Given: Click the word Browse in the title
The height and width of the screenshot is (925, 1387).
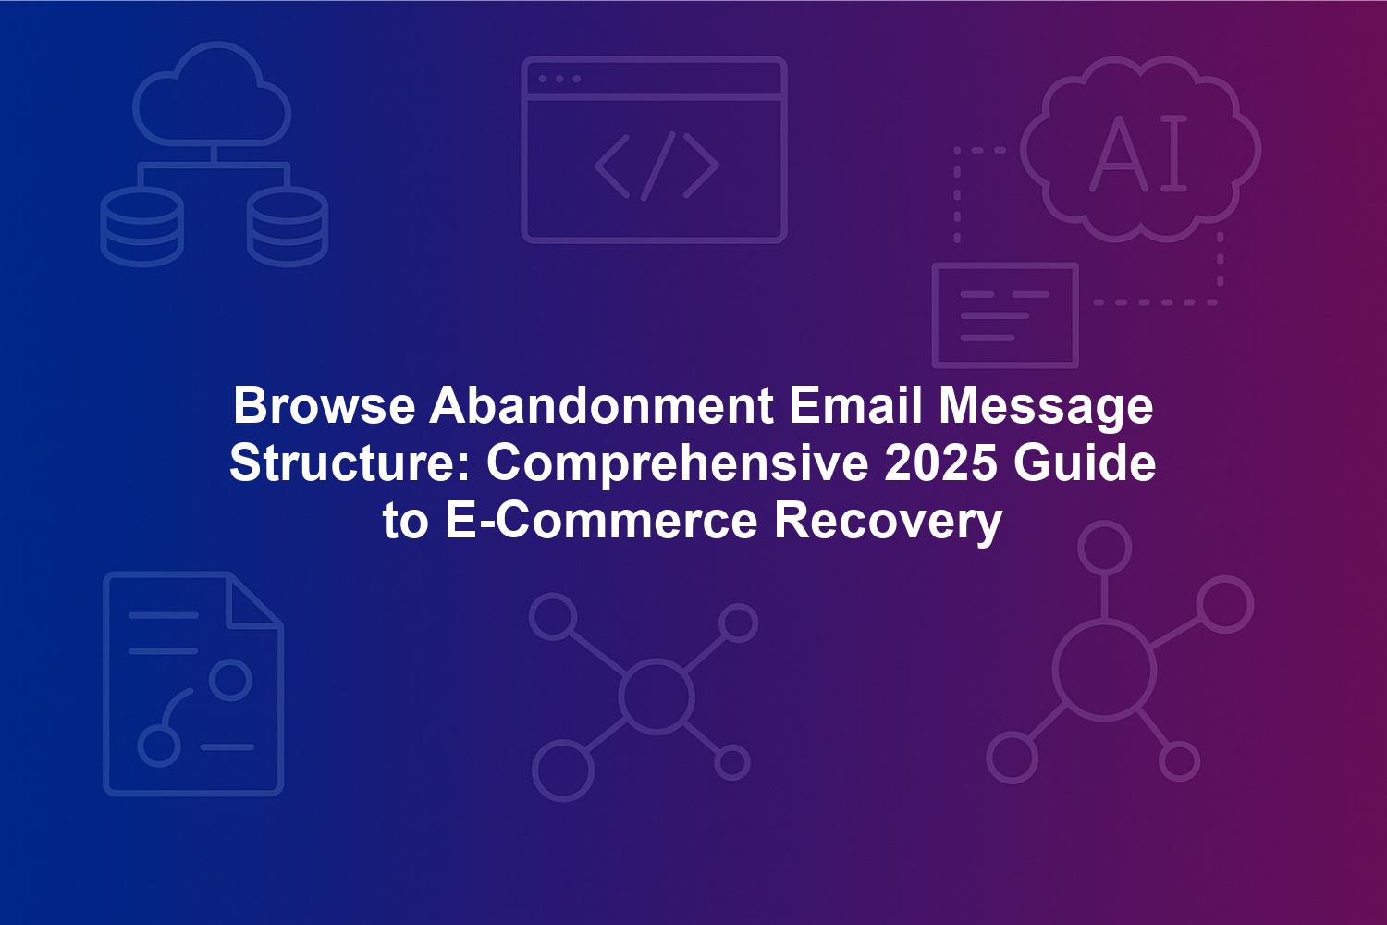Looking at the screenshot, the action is point(324,406).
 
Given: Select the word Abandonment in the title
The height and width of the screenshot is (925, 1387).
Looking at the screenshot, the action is point(601,406).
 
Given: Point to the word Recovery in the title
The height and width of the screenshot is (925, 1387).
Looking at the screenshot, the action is point(888,524).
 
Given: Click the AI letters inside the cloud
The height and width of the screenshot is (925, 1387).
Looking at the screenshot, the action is point(1138,153).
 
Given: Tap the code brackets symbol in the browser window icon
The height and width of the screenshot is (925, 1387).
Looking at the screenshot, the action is point(657,166).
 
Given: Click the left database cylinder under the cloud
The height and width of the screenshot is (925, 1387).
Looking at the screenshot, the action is point(141,226).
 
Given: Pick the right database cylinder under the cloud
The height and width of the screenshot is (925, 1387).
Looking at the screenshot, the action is point(288,226).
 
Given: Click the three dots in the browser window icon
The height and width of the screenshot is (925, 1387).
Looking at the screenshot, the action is point(559,79).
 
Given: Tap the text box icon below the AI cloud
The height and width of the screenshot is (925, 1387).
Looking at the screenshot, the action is point(1005,265).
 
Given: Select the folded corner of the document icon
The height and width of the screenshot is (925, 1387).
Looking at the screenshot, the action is point(254,601).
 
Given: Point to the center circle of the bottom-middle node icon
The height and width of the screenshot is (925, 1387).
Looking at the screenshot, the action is point(656,661).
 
